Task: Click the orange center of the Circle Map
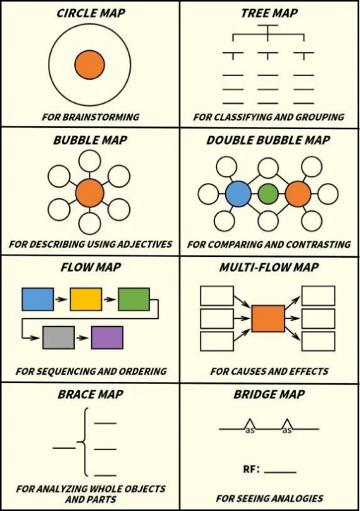90,64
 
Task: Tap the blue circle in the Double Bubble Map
239,193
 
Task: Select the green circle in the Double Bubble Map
268,193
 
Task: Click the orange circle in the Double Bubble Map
298,193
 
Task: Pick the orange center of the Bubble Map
90,193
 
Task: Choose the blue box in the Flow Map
38,299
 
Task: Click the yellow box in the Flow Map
85,299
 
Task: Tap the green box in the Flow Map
134,299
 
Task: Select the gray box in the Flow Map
59,337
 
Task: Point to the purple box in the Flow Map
107,337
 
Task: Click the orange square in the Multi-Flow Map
268,318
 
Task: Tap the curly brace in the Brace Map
83,442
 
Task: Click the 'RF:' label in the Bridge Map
251,469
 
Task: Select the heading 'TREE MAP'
270,13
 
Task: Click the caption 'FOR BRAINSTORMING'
90,116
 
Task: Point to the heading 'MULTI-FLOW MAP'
269,267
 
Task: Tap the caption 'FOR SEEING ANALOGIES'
270,498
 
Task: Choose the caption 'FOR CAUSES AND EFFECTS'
269,371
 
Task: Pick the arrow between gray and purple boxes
83,338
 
